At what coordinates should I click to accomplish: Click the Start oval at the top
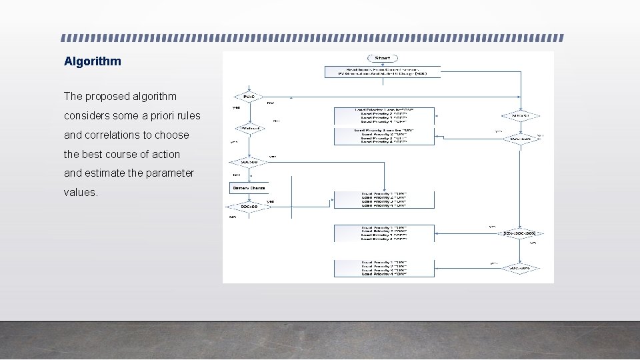pyautogui.click(x=383, y=59)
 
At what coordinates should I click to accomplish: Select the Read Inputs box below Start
pyautogui.click(x=383, y=71)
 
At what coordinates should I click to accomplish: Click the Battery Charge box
pyautogui.click(x=249, y=189)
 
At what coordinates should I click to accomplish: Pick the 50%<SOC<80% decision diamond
pyautogui.click(x=521, y=233)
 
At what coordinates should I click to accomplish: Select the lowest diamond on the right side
pyautogui.click(x=521, y=268)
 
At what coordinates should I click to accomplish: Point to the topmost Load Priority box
pyautogui.click(x=384, y=115)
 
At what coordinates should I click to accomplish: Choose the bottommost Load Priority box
pyautogui.click(x=384, y=268)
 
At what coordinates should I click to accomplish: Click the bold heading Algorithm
pyautogui.click(x=93, y=61)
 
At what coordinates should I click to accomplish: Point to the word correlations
pyautogui.click(x=115, y=135)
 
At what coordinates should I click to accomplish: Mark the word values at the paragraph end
pyautogui.click(x=80, y=192)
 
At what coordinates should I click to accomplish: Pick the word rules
pyautogui.click(x=188, y=116)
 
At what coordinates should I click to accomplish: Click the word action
pyautogui.click(x=165, y=154)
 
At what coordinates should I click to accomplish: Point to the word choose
pyautogui.click(x=172, y=135)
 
